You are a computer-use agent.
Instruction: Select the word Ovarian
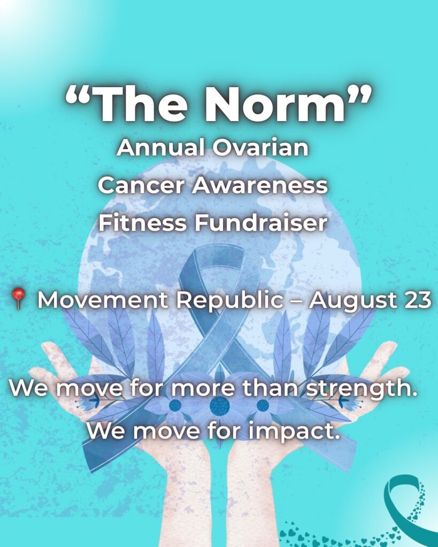[x=260, y=147]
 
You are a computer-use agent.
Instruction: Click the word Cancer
[x=141, y=185]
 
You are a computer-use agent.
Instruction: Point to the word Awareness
[x=260, y=185]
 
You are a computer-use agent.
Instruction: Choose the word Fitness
[x=142, y=223]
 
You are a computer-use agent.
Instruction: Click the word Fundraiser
[x=262, y=223]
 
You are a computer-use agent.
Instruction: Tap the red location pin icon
[x=18, y=299]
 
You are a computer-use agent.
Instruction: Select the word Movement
[x=103, y=300]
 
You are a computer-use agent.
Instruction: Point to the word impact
[x=294, y=432]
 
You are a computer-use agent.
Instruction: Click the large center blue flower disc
[x=220, y=406]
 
